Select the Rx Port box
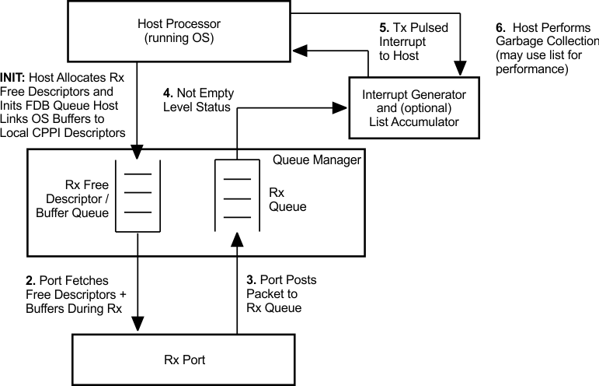[x=183, y=359]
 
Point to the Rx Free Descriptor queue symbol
[x=137, y=195]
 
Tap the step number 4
[x=165, y=92]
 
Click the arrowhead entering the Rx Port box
[x=137, y=326]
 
